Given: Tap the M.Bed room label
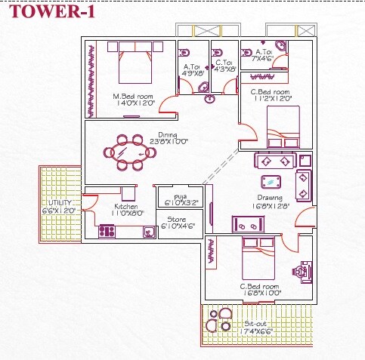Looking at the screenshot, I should pos(134,97).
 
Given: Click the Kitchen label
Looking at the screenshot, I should pos(125,207).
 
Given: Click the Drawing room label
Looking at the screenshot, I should pos(270,198).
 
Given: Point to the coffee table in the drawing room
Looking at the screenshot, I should pos(269,181).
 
